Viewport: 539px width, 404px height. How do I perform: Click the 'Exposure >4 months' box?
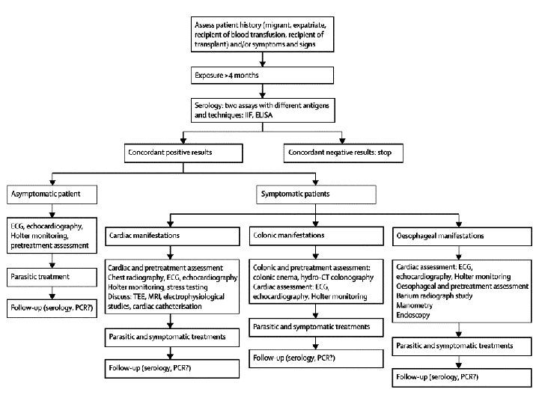point(262,76)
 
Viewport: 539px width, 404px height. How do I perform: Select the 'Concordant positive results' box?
point(183,153)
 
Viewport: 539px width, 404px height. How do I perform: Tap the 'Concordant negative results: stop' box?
point(344,153)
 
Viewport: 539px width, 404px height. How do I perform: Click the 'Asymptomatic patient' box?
point(52,195)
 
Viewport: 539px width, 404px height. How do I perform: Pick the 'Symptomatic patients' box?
point(316,195)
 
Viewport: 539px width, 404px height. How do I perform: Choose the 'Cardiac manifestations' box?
point(172,236)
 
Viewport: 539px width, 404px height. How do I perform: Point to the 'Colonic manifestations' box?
point(316,236)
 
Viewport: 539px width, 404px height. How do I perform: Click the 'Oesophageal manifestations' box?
point(462,236)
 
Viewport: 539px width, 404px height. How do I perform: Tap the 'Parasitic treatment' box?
point(52,278)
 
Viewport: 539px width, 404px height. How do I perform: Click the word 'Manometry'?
point(414,305)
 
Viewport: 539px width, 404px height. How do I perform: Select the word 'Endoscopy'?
point(412,315)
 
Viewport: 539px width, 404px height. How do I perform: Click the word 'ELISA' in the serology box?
point(264,115)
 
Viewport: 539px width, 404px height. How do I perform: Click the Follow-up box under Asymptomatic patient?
point(52,308)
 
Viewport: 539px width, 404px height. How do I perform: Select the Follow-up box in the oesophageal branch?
point(462,378)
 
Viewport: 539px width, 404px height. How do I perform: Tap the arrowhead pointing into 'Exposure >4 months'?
point(263,64)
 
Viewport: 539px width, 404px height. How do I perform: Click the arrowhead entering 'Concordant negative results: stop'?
point(342,141)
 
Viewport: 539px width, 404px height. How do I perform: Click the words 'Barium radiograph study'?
point(434,296)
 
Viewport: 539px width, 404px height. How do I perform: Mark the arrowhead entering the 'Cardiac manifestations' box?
point(170,224)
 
